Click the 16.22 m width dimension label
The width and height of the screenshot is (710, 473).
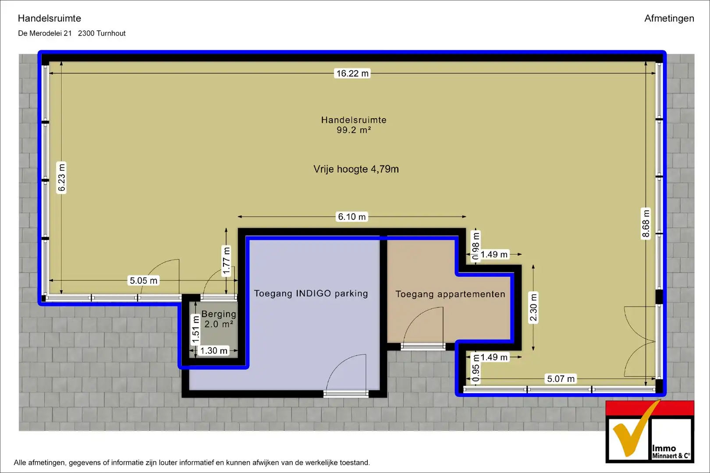tap(352, 74)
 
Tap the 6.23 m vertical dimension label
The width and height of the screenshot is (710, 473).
tap(61, 177)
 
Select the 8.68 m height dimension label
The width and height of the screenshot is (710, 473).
tap(646, 223)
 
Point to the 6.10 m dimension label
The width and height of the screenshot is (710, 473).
tap(351, 217)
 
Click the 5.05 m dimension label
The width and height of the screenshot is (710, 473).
tap(143, 280)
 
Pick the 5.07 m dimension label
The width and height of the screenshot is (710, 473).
tap(561, 378)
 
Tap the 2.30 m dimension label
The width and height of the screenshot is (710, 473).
tap(533, 307)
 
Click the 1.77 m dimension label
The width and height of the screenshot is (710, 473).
tap(226, 261)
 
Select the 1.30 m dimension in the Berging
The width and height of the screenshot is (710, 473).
tap(213, 351)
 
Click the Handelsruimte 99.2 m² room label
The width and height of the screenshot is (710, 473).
tap(354, 125)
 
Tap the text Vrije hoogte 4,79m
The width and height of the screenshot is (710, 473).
tap(356, 169)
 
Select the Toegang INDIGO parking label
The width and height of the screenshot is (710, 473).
tap(311, 293)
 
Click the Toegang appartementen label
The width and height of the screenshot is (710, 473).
tap(450, 294)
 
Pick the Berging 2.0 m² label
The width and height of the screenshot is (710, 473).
tap(219, 319)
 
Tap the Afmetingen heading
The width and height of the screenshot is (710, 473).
tap(669, 18)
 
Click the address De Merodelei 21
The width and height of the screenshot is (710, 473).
tap(45, 33)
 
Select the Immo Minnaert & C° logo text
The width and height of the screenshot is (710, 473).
tap(671, 452)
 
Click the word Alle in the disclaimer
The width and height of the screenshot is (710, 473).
tap(20, 462)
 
